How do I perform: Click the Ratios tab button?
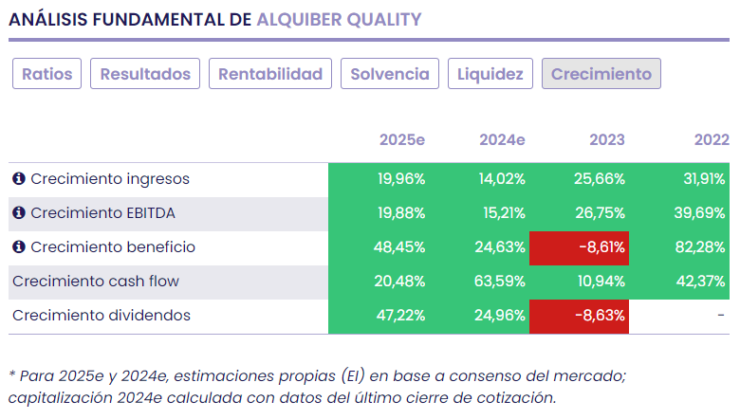47,74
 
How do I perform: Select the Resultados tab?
145,74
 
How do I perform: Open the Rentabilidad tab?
270,74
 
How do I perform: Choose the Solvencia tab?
390,74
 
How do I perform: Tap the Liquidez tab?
490,74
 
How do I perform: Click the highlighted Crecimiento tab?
601,74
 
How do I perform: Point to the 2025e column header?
402,140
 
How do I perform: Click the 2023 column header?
607,140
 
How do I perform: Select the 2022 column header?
711,140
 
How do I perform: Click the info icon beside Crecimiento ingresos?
18,179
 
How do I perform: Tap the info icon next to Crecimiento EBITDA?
18,213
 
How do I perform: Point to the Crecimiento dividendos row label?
102,316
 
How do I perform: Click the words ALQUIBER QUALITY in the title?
339,19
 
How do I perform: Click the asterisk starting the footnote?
12,375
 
